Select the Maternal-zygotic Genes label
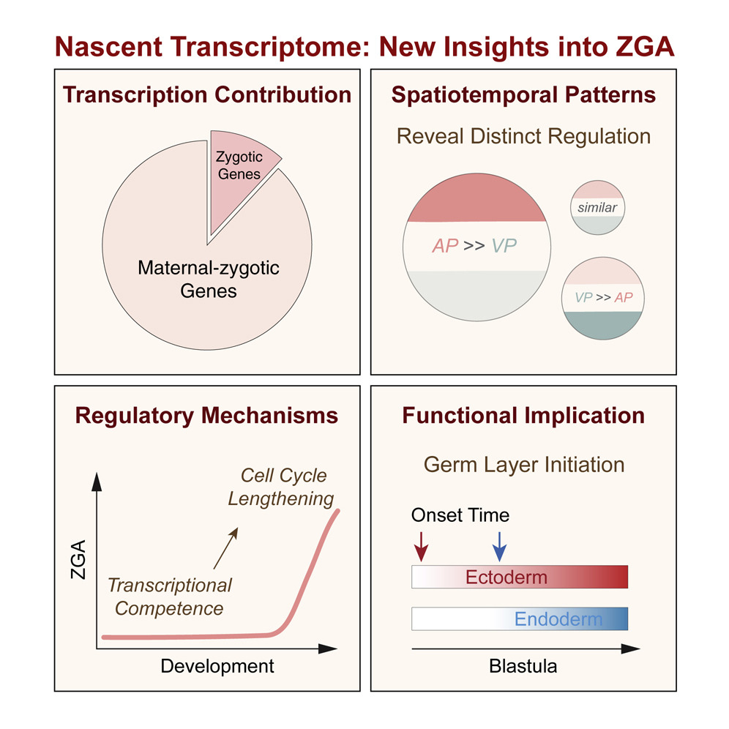click(x=209, y=280)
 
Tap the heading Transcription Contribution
click(x=207, y=95)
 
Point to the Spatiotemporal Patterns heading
click(x=523, y=95)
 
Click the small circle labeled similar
click(x=597, y=208)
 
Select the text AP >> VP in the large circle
click(x=474, y=245)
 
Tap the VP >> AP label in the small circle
click(x=604, y=298)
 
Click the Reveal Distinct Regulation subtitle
click(x=523, y=136)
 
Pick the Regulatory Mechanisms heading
click(x=207, y=416)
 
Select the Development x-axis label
click(x=217, y=666)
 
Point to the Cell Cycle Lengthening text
click(x=281, y=487)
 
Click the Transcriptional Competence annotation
click(x=170, y=597)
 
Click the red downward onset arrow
click(x=422, y=545)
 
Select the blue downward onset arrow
click(x=499, y=545)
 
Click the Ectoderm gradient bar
click(x=520, y=577)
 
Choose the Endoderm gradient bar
click(x=520, y=619)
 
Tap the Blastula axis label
click(x=523, y=666)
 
